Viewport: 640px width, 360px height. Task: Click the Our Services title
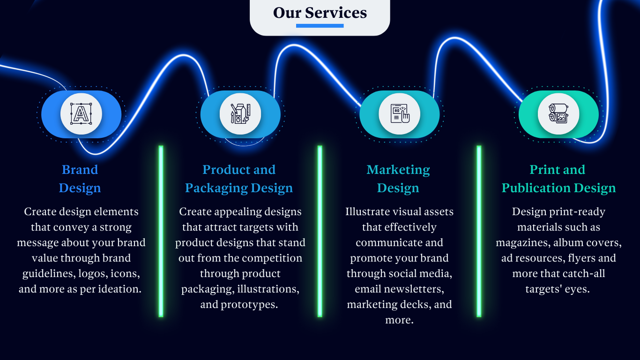click(x=320, y=13)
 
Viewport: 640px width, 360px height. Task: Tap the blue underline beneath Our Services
click(x=320, y=26)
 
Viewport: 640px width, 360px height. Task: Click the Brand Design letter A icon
click(x=81, y=114)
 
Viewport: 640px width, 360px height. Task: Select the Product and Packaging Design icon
click(x=240, y=114)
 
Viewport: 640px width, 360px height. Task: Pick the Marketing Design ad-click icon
click(x=400, y=114)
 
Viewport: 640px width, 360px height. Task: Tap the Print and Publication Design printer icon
click(x=558, y=114)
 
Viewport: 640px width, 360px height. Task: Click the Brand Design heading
click(x=80, y=179)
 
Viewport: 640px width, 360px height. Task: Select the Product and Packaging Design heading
click(x=239, y=179)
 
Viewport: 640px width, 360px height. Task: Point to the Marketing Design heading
click(x=398, y=179)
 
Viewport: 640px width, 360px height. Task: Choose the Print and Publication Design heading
click(x=558, y=179)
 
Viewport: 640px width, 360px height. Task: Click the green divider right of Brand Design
click(x=161, y=231)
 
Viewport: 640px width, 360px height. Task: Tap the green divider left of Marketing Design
click(x=320, y=231)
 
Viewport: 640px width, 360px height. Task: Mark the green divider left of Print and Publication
click(x=479, y=231)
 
